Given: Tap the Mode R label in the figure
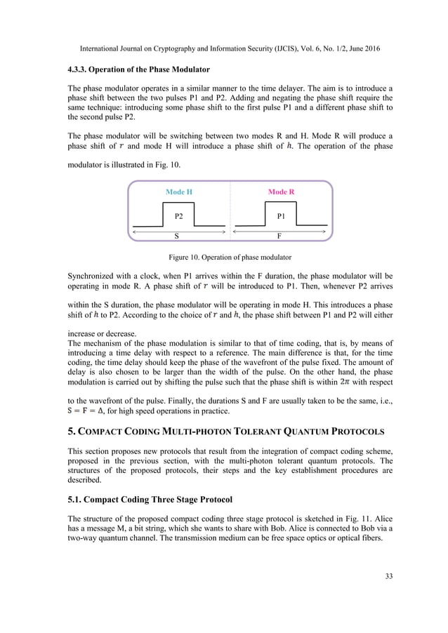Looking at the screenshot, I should (280, 192).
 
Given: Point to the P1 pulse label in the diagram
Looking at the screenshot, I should (281, 215).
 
